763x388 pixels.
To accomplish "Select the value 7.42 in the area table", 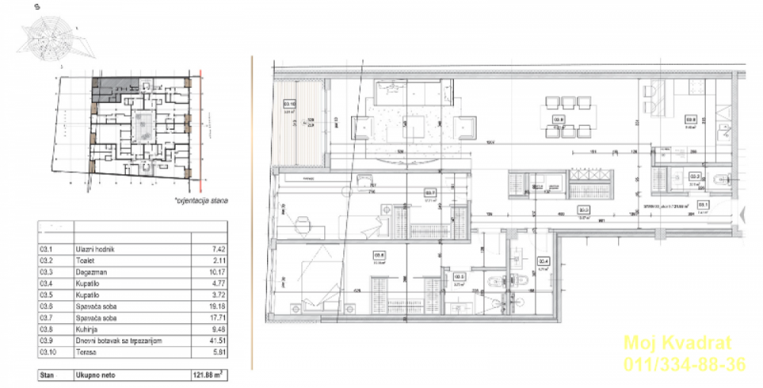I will click(x=216, y=248).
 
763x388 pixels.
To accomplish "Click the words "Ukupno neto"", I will click(x=95, y=376).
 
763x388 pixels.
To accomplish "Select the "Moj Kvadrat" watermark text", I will click(x=678, y=343).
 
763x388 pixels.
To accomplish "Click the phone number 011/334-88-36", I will click(x=684, y=365).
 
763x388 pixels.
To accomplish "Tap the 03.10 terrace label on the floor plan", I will click(x=290, y=104).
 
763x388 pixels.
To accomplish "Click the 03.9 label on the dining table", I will click(x=559, y=118).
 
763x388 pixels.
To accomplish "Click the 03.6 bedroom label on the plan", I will click(x=379, y=255).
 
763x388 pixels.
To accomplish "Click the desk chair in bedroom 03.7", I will click(x=304, y=223).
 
